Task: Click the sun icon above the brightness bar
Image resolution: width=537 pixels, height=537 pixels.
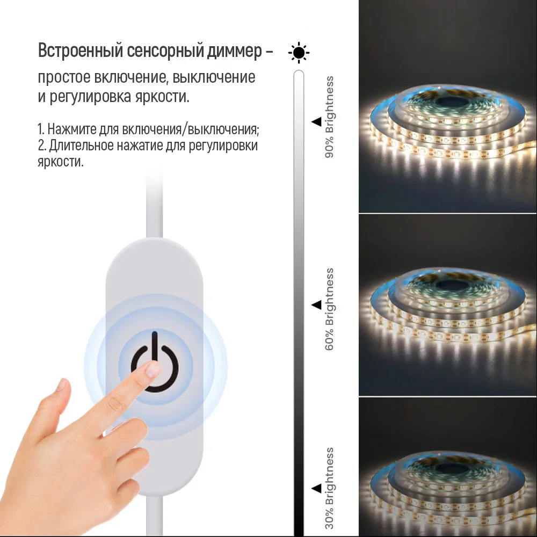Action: coord(299,53)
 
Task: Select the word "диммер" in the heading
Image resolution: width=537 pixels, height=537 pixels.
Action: coord(235,52)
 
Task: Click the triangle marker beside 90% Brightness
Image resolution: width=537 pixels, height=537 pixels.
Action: coord(316,122)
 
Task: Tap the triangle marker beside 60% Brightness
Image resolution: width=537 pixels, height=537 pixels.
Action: coord(316,305)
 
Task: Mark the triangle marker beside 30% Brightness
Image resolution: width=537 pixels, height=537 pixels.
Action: coord(316,488)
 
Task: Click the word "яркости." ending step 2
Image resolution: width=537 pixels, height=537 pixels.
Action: coord(61,162)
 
